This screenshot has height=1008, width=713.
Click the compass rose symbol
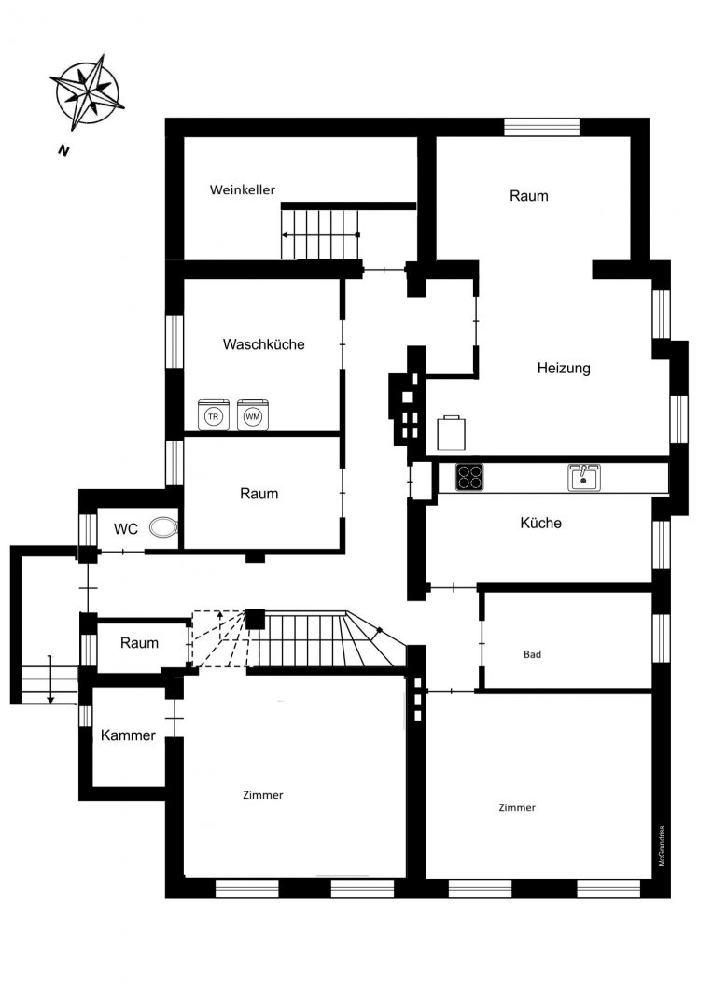pos(87,91)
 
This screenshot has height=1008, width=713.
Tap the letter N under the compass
pos(63,151)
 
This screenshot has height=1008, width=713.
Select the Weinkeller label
pos(243,189)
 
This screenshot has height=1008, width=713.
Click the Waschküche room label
pos(263,343)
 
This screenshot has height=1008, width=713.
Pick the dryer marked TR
pos(214,414)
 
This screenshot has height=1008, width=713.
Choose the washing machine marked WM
pos(253,414)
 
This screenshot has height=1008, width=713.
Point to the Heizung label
pos(564,369)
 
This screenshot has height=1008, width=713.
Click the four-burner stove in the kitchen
pos(469,477)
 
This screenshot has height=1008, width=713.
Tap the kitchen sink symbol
pos(584,477)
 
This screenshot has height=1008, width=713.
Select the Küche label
pos(540,523)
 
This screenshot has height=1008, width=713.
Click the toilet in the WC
pos(163,527)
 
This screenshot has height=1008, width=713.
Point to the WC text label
pos(126,529)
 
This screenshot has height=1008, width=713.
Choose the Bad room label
pos(532,654)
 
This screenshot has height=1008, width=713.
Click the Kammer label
pos(128,735)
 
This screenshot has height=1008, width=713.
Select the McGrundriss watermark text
pos(663,846)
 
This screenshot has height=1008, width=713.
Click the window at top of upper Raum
pos(542,127)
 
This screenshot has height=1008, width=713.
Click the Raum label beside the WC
pos(139,643)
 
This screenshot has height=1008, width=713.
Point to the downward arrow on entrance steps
pos(50,679)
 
